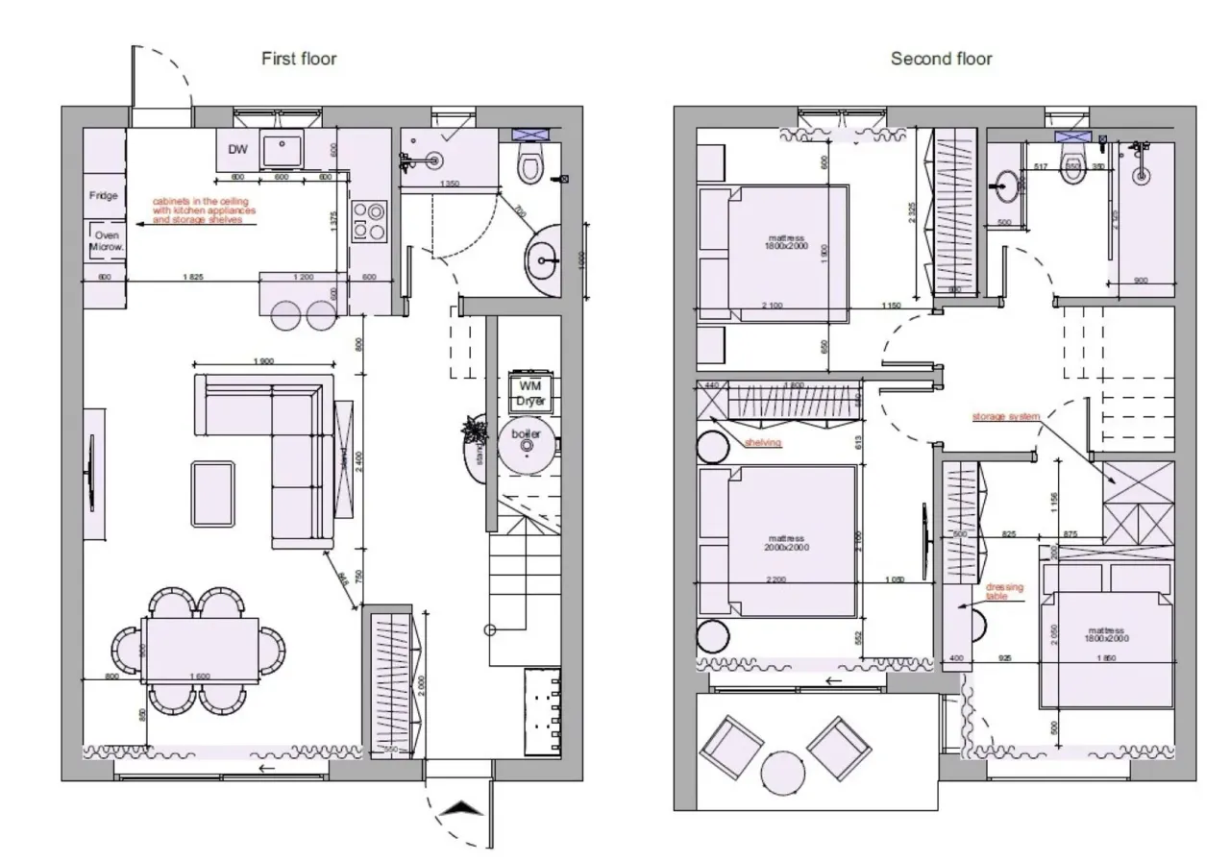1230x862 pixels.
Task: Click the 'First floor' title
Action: (299, 59)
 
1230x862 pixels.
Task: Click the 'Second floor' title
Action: (941, 59)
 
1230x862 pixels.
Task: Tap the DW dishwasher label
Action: (237, 149)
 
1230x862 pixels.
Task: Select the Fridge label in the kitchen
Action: (104, 196)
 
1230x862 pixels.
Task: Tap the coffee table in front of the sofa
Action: (212, 494)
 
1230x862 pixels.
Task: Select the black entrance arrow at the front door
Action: (460, 809)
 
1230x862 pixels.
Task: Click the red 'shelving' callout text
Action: (763, 443)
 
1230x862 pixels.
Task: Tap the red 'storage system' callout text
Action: (1005, 416)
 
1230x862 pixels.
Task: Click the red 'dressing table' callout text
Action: (1004, 592)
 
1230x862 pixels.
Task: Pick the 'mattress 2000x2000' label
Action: (788, 543)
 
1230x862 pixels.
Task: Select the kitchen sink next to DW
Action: (282, 149)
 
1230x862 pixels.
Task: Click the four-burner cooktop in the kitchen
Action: (369, 220)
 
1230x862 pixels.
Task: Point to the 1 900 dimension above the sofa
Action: (263, 361)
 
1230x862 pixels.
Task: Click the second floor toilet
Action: (1073, 159)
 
